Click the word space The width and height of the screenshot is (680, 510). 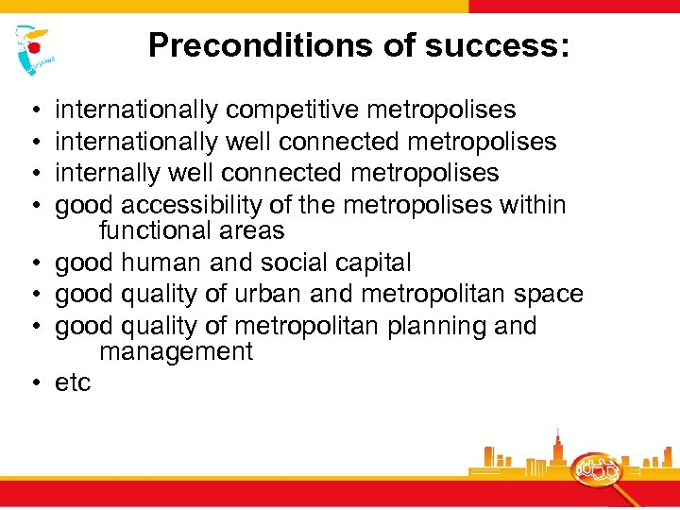click(549, 294)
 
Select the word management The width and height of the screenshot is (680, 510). click(176, 352)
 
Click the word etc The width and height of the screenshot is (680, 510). click(73, 382)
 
